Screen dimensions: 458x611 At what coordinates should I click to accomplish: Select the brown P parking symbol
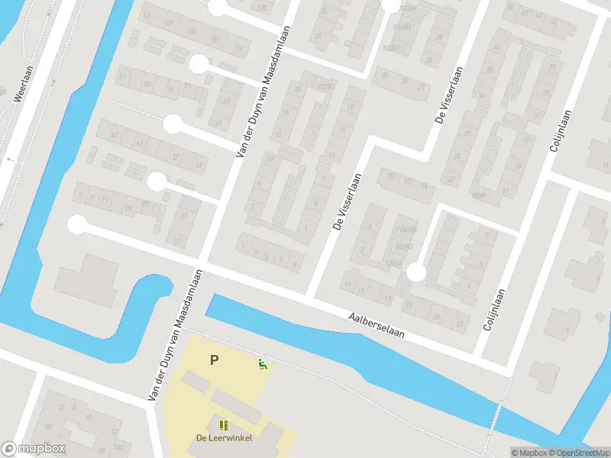[x=215, y=360]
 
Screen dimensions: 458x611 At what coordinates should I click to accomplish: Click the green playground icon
[x=263, y=365]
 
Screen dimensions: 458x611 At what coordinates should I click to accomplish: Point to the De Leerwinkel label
[x=224, y=437]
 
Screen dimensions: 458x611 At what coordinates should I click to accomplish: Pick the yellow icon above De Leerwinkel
[x=224, y=425]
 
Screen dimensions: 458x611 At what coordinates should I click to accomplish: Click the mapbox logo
[x=34, y=449]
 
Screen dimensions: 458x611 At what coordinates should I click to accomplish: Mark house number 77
[x=239, y=50]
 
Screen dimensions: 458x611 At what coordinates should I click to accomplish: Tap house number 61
[x=219, y=123]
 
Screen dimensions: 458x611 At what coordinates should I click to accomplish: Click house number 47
[x=115, y=134]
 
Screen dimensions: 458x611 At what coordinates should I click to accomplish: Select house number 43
[x=139, y=143]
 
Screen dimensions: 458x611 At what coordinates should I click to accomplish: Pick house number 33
[x=199, y=164]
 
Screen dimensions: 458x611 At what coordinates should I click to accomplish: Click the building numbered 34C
[x=119, y=447]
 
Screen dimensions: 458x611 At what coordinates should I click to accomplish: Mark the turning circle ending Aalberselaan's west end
[x=77, y=224]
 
